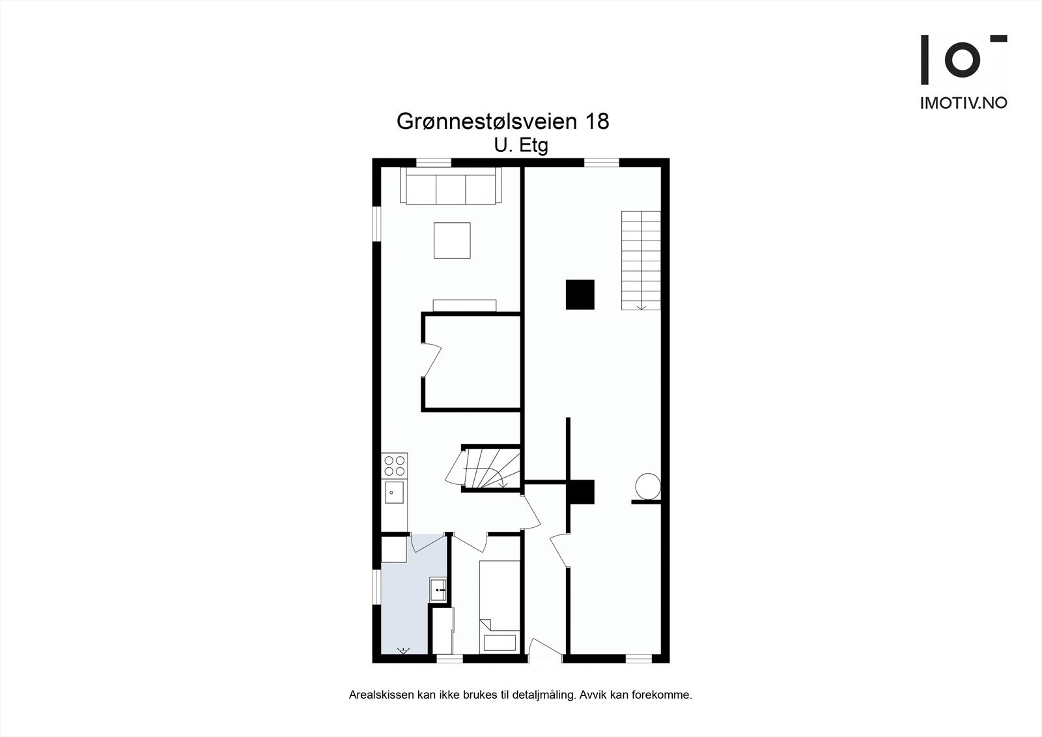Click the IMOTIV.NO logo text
pos(963,103)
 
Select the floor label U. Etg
pos(521,145)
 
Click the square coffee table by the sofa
pos(453,240)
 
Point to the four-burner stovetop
pos(395,466)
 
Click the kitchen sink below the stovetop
pos(394,493)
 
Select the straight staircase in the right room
pos(641,260)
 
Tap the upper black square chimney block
pos(580,295)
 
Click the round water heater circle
pos(647,486)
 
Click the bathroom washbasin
pos(438,589)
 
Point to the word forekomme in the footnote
pos(666,695)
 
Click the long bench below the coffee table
pos(464,305)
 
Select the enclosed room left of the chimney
pos(472,362)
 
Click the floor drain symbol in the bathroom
pos(403,650)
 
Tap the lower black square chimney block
pos(581,492)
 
